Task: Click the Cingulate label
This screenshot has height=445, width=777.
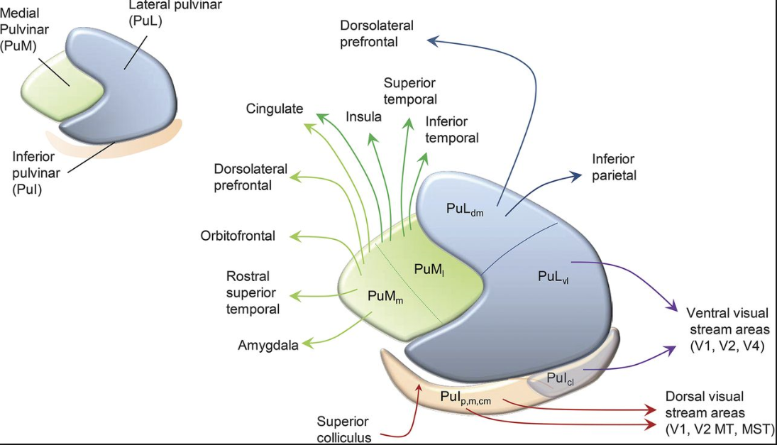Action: (275, 109)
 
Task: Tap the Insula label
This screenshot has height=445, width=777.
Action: (364, 117)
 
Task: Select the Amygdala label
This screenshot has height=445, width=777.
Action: (268, 346)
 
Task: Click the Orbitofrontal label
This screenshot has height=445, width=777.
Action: (238, 236)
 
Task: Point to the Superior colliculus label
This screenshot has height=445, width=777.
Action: (343, 429)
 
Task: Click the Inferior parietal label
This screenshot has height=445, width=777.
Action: (614, 167)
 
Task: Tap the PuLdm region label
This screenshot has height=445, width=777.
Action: (465, 209)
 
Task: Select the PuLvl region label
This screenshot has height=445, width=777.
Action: (553, 277)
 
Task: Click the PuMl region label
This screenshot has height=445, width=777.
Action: (429, 270)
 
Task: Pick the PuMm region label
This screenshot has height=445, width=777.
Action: (385, 297)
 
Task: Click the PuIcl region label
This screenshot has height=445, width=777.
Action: (560, 378)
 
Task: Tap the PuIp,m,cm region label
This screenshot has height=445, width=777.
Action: (465, 398)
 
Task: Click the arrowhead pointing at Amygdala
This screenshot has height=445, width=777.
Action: (308, 344)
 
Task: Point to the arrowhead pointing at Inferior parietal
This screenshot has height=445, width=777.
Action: (576, 175)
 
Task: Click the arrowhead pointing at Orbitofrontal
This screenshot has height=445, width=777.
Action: (295, 236)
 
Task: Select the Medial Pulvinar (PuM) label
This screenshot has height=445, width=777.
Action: (24, 29)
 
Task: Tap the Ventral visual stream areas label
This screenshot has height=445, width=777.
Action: (728, 329)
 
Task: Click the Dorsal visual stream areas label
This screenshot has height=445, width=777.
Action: (719, 413)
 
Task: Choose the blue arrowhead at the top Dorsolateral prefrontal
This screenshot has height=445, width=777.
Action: (433, 40)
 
